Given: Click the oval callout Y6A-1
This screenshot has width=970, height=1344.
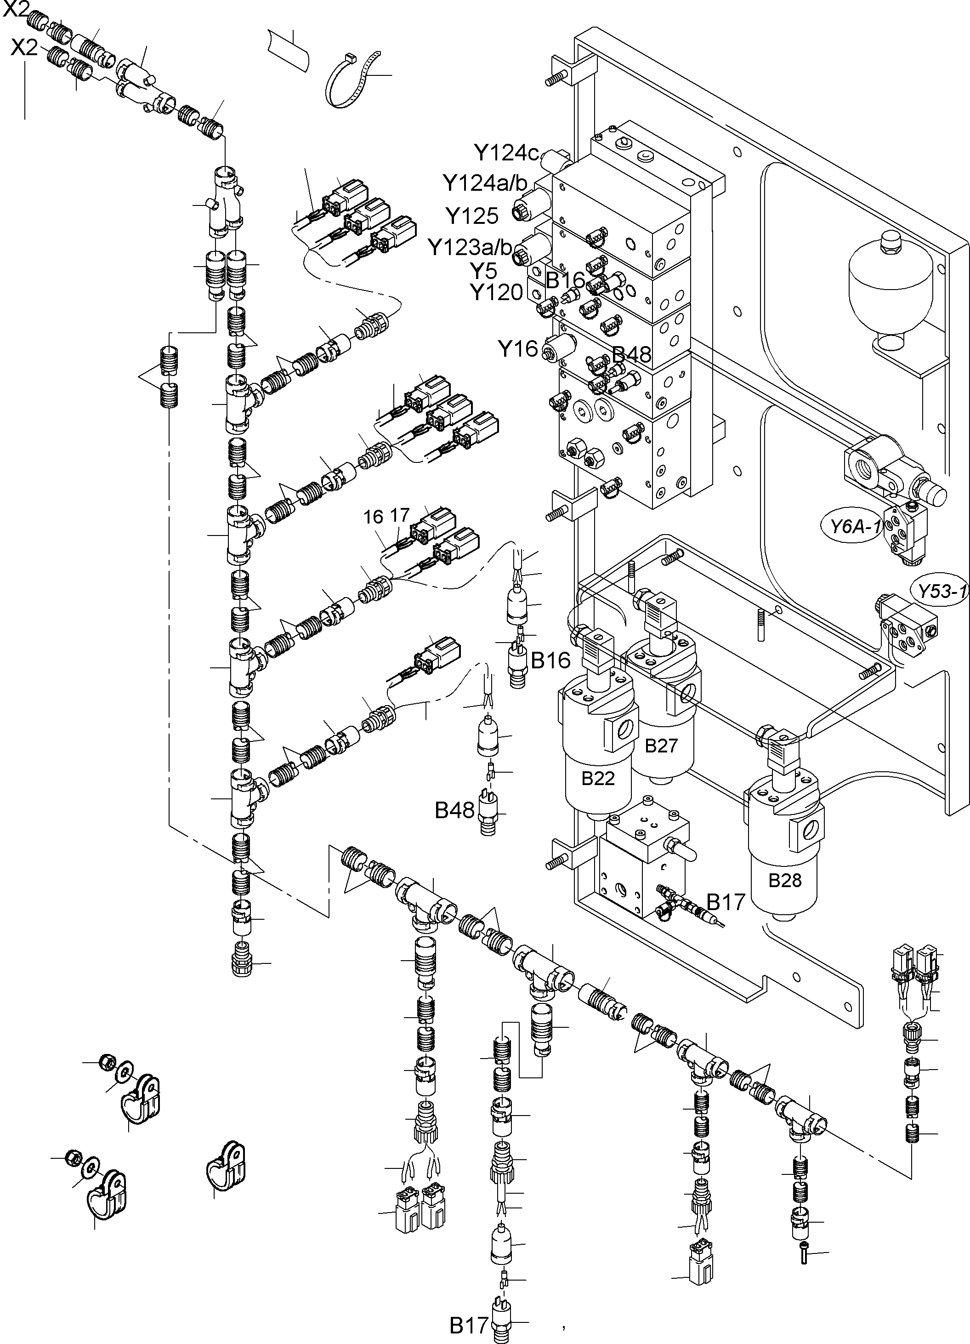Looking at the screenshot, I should click(851, 526).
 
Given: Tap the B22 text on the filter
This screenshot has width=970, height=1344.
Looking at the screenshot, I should click(597, 778).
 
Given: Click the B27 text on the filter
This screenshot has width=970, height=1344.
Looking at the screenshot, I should click(661, 746).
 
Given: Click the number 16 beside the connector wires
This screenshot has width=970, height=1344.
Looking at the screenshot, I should click(373, 518).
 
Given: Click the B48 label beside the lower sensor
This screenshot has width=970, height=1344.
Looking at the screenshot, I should click(454, 810).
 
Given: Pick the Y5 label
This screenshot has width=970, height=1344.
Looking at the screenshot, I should click(483, 271).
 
